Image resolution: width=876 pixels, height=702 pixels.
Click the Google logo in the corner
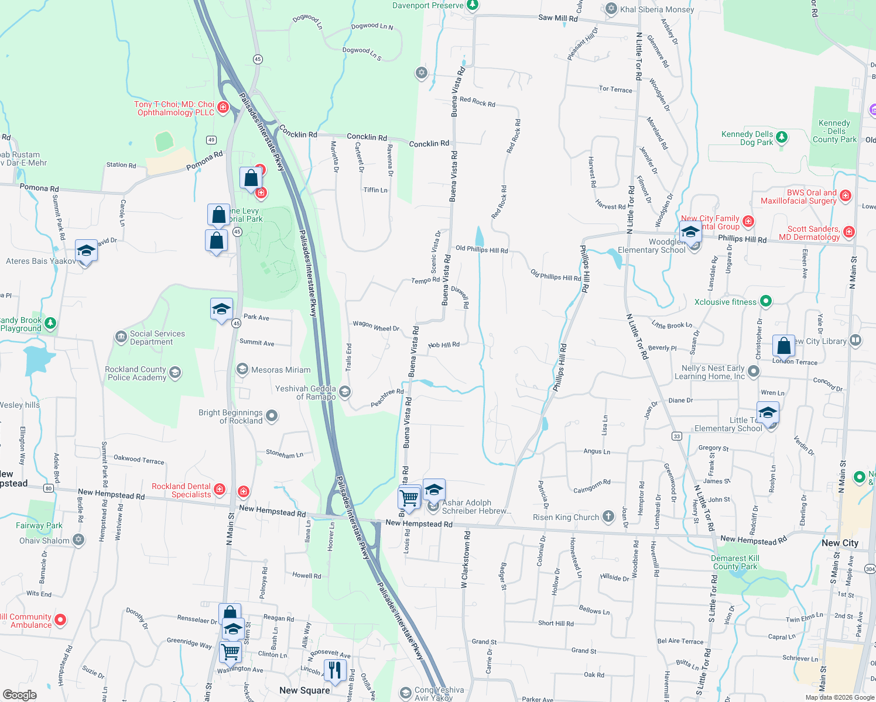point(19,695)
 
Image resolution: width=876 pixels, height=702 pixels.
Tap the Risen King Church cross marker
point(609,516)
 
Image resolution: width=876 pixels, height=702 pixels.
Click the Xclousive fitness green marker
point(766,302)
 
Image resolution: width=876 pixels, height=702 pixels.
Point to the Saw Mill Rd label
point(557,18)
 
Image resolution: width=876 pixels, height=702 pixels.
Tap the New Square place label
point(304,690)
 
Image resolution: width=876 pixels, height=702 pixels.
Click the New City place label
point(840,543)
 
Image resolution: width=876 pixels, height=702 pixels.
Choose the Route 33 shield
point(677,436)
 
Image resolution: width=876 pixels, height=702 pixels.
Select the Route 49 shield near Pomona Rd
point(211,140)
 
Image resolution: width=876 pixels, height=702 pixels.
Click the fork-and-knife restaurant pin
point(335,669)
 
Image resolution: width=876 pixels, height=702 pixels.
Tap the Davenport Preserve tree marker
point(473,5)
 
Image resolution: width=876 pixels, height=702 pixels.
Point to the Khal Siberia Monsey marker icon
point(611,9)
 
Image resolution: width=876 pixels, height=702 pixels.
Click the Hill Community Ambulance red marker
point(60,620)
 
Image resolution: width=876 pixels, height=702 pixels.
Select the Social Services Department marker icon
point(121,336)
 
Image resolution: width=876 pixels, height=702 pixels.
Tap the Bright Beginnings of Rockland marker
point(272,416)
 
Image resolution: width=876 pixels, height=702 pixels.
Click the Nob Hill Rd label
point(444,345)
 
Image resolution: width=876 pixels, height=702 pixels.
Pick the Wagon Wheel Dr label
point(376,326)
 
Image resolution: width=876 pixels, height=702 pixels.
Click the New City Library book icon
point(856,340)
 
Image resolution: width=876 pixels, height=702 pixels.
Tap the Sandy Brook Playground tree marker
point(51,323)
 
